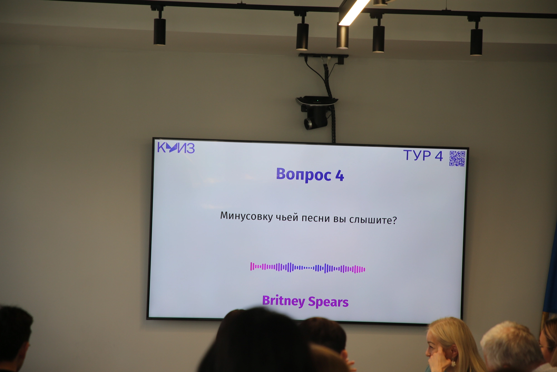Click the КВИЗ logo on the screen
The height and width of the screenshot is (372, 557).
click(176, 148)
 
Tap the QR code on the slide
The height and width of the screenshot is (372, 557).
click(457, 159)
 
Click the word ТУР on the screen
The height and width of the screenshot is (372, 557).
click(417, 155)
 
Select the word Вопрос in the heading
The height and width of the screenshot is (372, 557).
click(304, 175)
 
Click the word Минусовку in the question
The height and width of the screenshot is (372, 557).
click(246, 216)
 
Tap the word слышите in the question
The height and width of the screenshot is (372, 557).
click(373, 220)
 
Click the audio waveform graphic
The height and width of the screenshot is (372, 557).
click(308, 268)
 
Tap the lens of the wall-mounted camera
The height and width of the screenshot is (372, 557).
click(308, 123)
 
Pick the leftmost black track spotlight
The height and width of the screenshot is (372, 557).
click(160, 31)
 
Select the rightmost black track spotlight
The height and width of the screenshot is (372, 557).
click(476, 42)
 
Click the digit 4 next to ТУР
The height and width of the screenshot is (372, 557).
click(439, 156)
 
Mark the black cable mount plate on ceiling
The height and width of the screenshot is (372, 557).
click(323, 56)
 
